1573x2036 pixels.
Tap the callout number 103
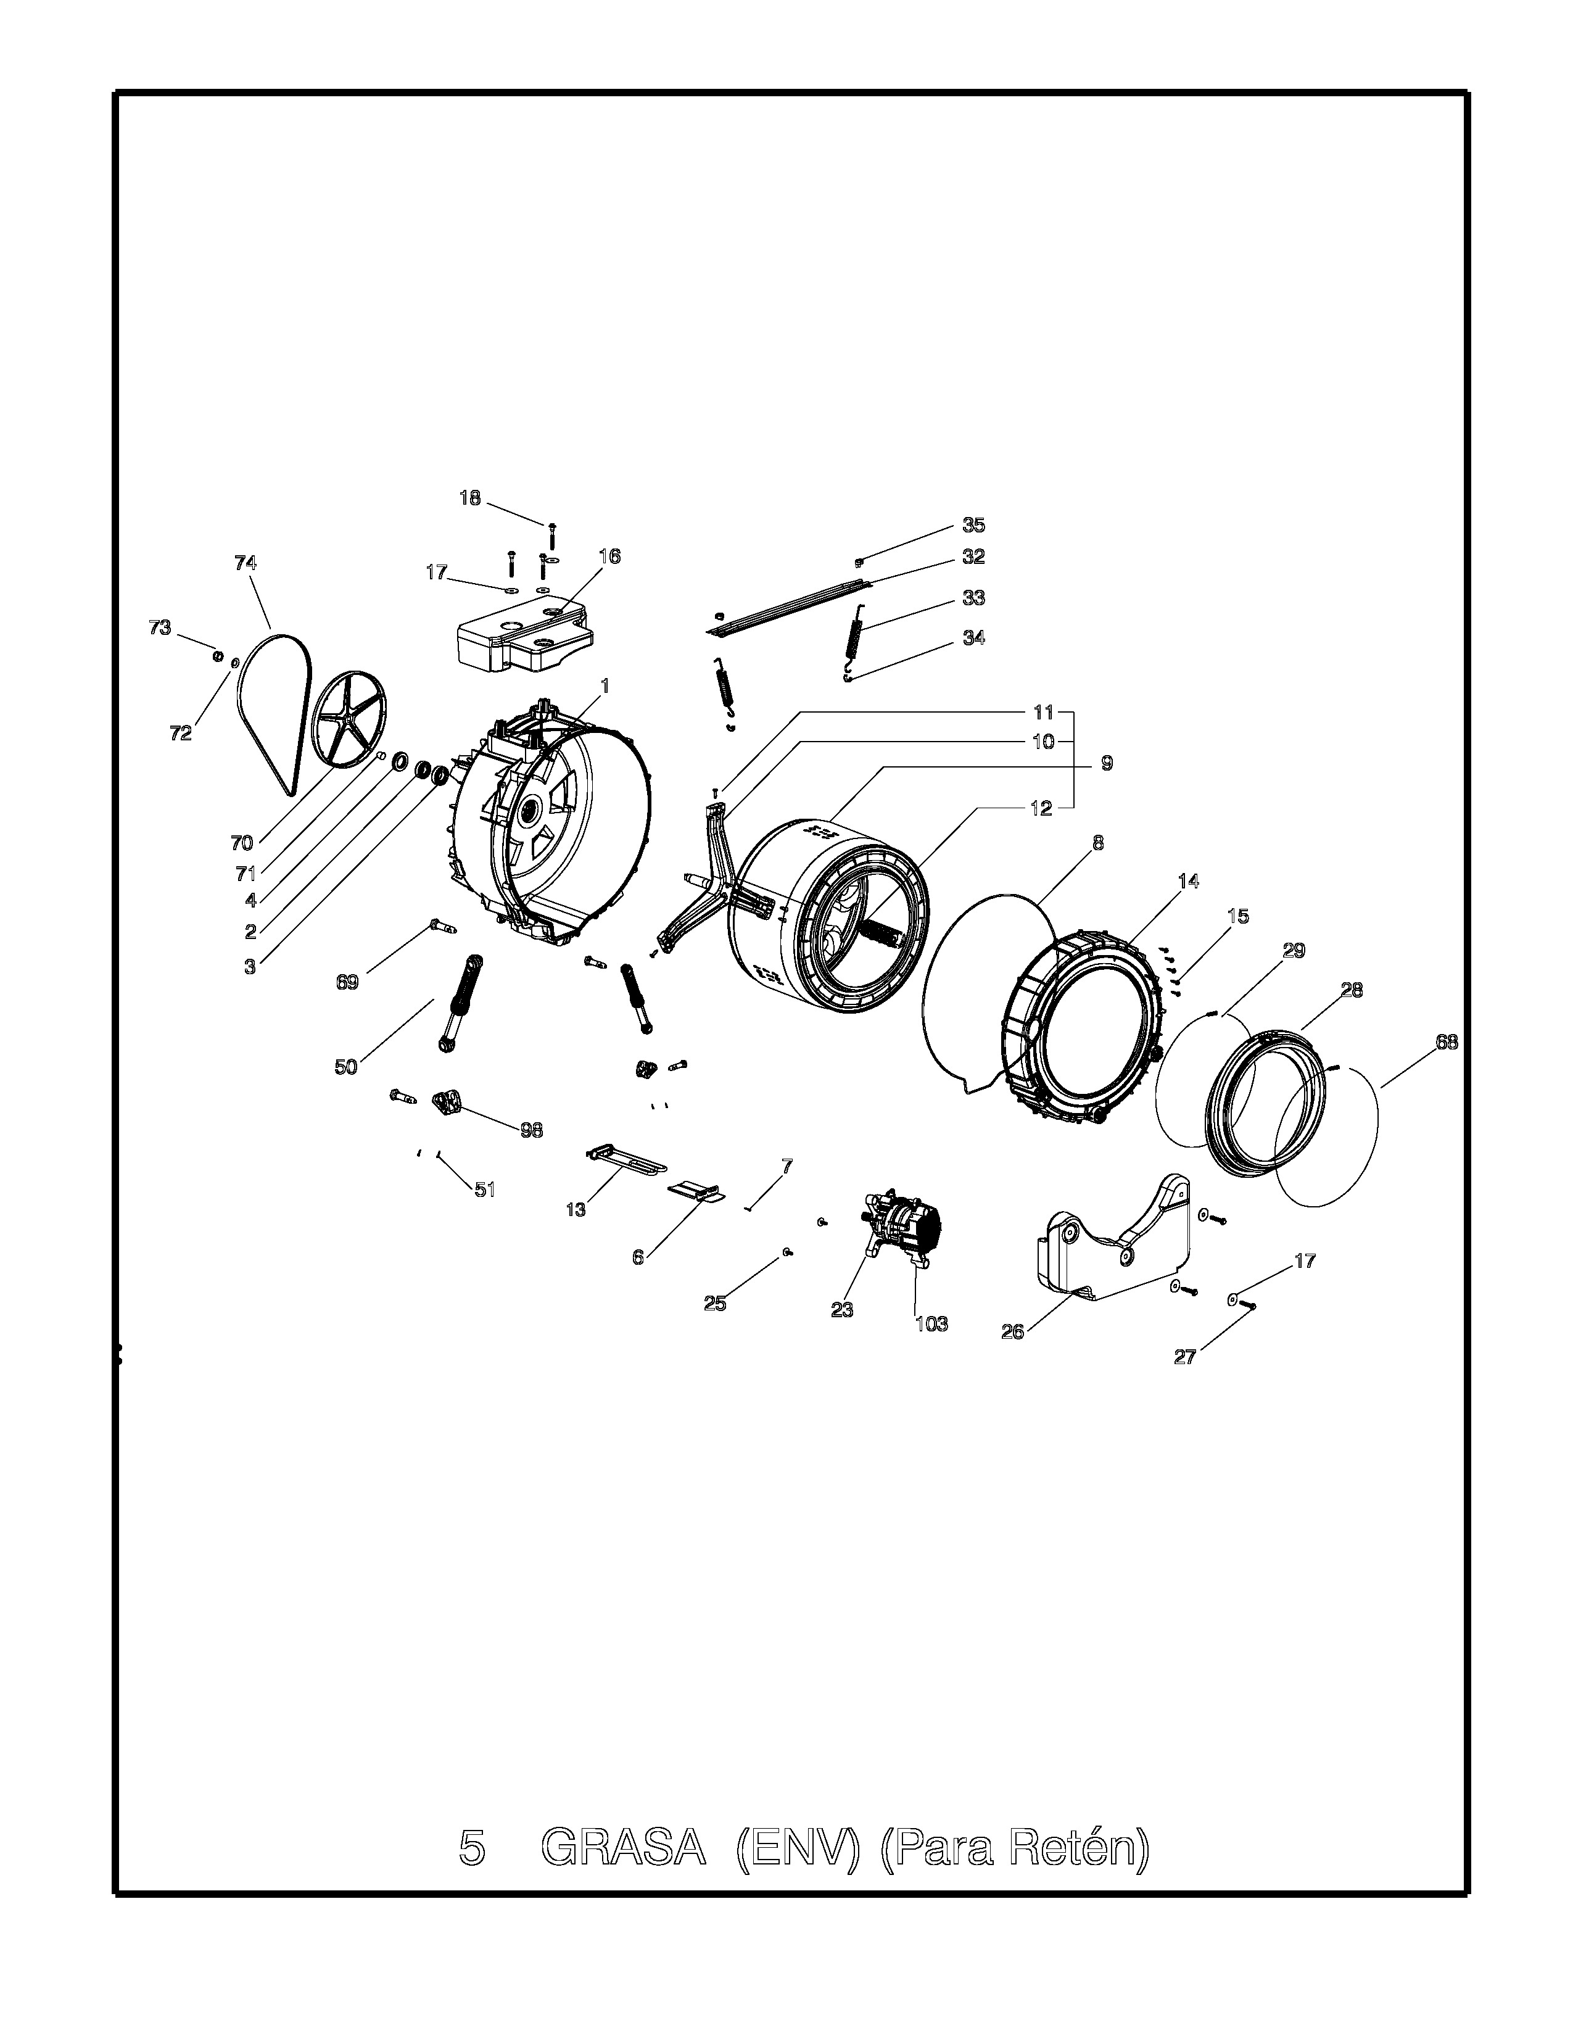(x=932, y=1324)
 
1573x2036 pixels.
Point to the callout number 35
(x=974, y=525)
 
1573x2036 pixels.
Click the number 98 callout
(x=531, y=1130)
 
